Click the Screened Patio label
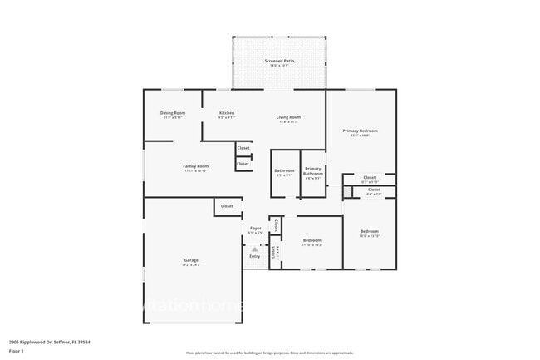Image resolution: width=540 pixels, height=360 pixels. (279, 61)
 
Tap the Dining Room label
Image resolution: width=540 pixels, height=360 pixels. (173, 113)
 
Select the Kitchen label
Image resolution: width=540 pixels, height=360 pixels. (226, 113)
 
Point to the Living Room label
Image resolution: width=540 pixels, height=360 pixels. (288, 117)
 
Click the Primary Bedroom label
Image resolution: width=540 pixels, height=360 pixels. (361, 131)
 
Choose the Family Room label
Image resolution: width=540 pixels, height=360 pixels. (196, 166)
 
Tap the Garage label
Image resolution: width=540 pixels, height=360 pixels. (191, 260)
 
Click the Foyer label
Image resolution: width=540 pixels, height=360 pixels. (255, 228)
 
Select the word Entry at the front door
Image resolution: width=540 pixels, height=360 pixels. (255, 256)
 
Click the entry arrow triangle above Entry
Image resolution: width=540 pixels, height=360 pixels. (255, 248)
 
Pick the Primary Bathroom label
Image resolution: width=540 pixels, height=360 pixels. (313, 172)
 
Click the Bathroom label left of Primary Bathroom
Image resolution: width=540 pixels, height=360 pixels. (284, 170)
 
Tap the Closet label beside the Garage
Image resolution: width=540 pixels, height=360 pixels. (227, 206)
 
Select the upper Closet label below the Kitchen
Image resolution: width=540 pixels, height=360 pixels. (243, 149)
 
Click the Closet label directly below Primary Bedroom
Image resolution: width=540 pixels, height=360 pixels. (370, 177)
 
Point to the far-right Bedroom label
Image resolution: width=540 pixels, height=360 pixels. (369, 231)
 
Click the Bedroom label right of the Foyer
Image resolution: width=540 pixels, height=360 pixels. (312, 240)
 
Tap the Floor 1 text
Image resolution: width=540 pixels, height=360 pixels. (16, 351)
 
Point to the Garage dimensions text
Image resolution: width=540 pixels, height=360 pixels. (191, 265)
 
